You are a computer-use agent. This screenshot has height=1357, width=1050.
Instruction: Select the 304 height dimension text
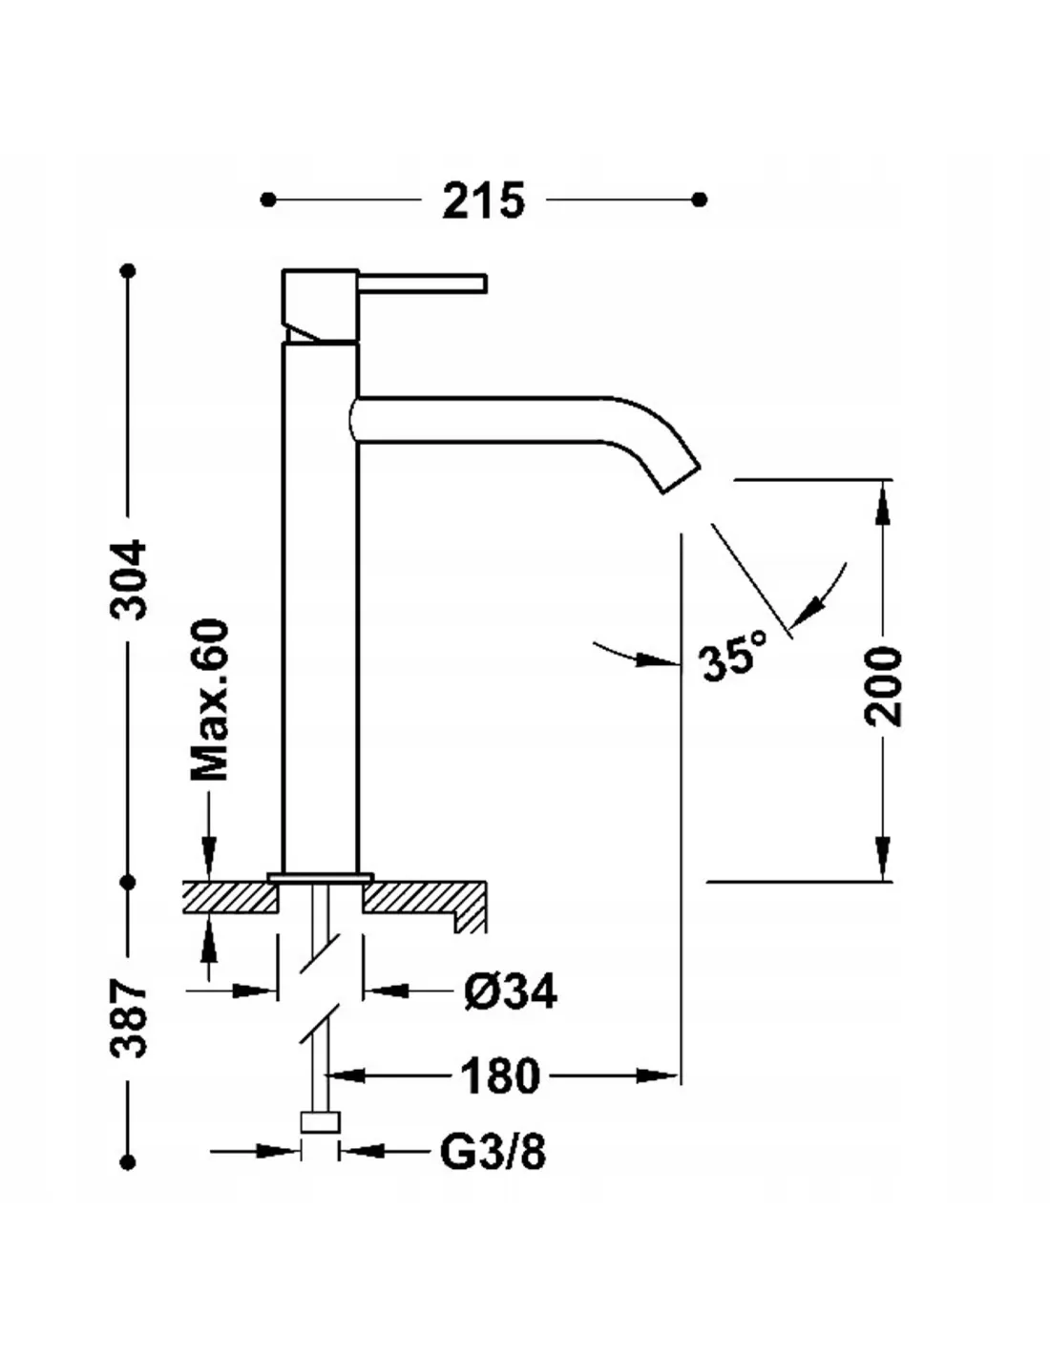(129, 579)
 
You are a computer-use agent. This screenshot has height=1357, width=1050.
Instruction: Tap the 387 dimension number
(129, 1018)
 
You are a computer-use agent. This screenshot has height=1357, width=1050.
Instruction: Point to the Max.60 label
(210, 700)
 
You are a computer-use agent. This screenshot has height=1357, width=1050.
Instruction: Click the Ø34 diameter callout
(511, 992)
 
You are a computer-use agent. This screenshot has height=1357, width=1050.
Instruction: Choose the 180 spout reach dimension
(499, 1076)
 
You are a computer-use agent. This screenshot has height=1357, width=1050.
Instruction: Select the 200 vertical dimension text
(883, 686)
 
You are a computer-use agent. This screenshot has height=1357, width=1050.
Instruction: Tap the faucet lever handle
(422, 282)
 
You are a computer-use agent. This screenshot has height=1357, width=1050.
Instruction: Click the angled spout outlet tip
(682, 478)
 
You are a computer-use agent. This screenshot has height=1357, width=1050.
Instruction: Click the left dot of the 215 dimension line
(268, 199)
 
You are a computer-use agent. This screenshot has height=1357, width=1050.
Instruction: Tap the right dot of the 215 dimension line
(701, 199)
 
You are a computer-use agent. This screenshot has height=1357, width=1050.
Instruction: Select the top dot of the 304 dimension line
(129, 271)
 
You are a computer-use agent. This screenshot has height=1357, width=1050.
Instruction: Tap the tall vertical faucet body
(321, 607)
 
